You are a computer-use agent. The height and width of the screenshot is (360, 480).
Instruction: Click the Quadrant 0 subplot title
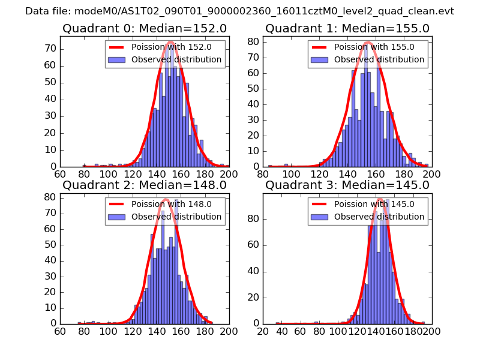(144, 29)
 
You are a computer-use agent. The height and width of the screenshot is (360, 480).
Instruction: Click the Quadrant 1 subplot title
(347, 29)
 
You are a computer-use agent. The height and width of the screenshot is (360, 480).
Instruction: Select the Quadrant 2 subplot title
(144, 185)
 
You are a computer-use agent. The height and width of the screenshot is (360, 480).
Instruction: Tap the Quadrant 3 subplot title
(347, 185)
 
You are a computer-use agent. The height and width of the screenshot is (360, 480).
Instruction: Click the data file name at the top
(240, 11)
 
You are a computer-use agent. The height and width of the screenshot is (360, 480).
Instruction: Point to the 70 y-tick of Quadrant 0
(50, 49)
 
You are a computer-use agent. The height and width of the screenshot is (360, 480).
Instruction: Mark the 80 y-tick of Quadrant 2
(50, 197)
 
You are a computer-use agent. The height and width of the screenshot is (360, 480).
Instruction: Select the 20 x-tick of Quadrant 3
(263, 331)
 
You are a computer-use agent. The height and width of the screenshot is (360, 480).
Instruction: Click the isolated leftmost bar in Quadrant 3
(278, 323)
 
